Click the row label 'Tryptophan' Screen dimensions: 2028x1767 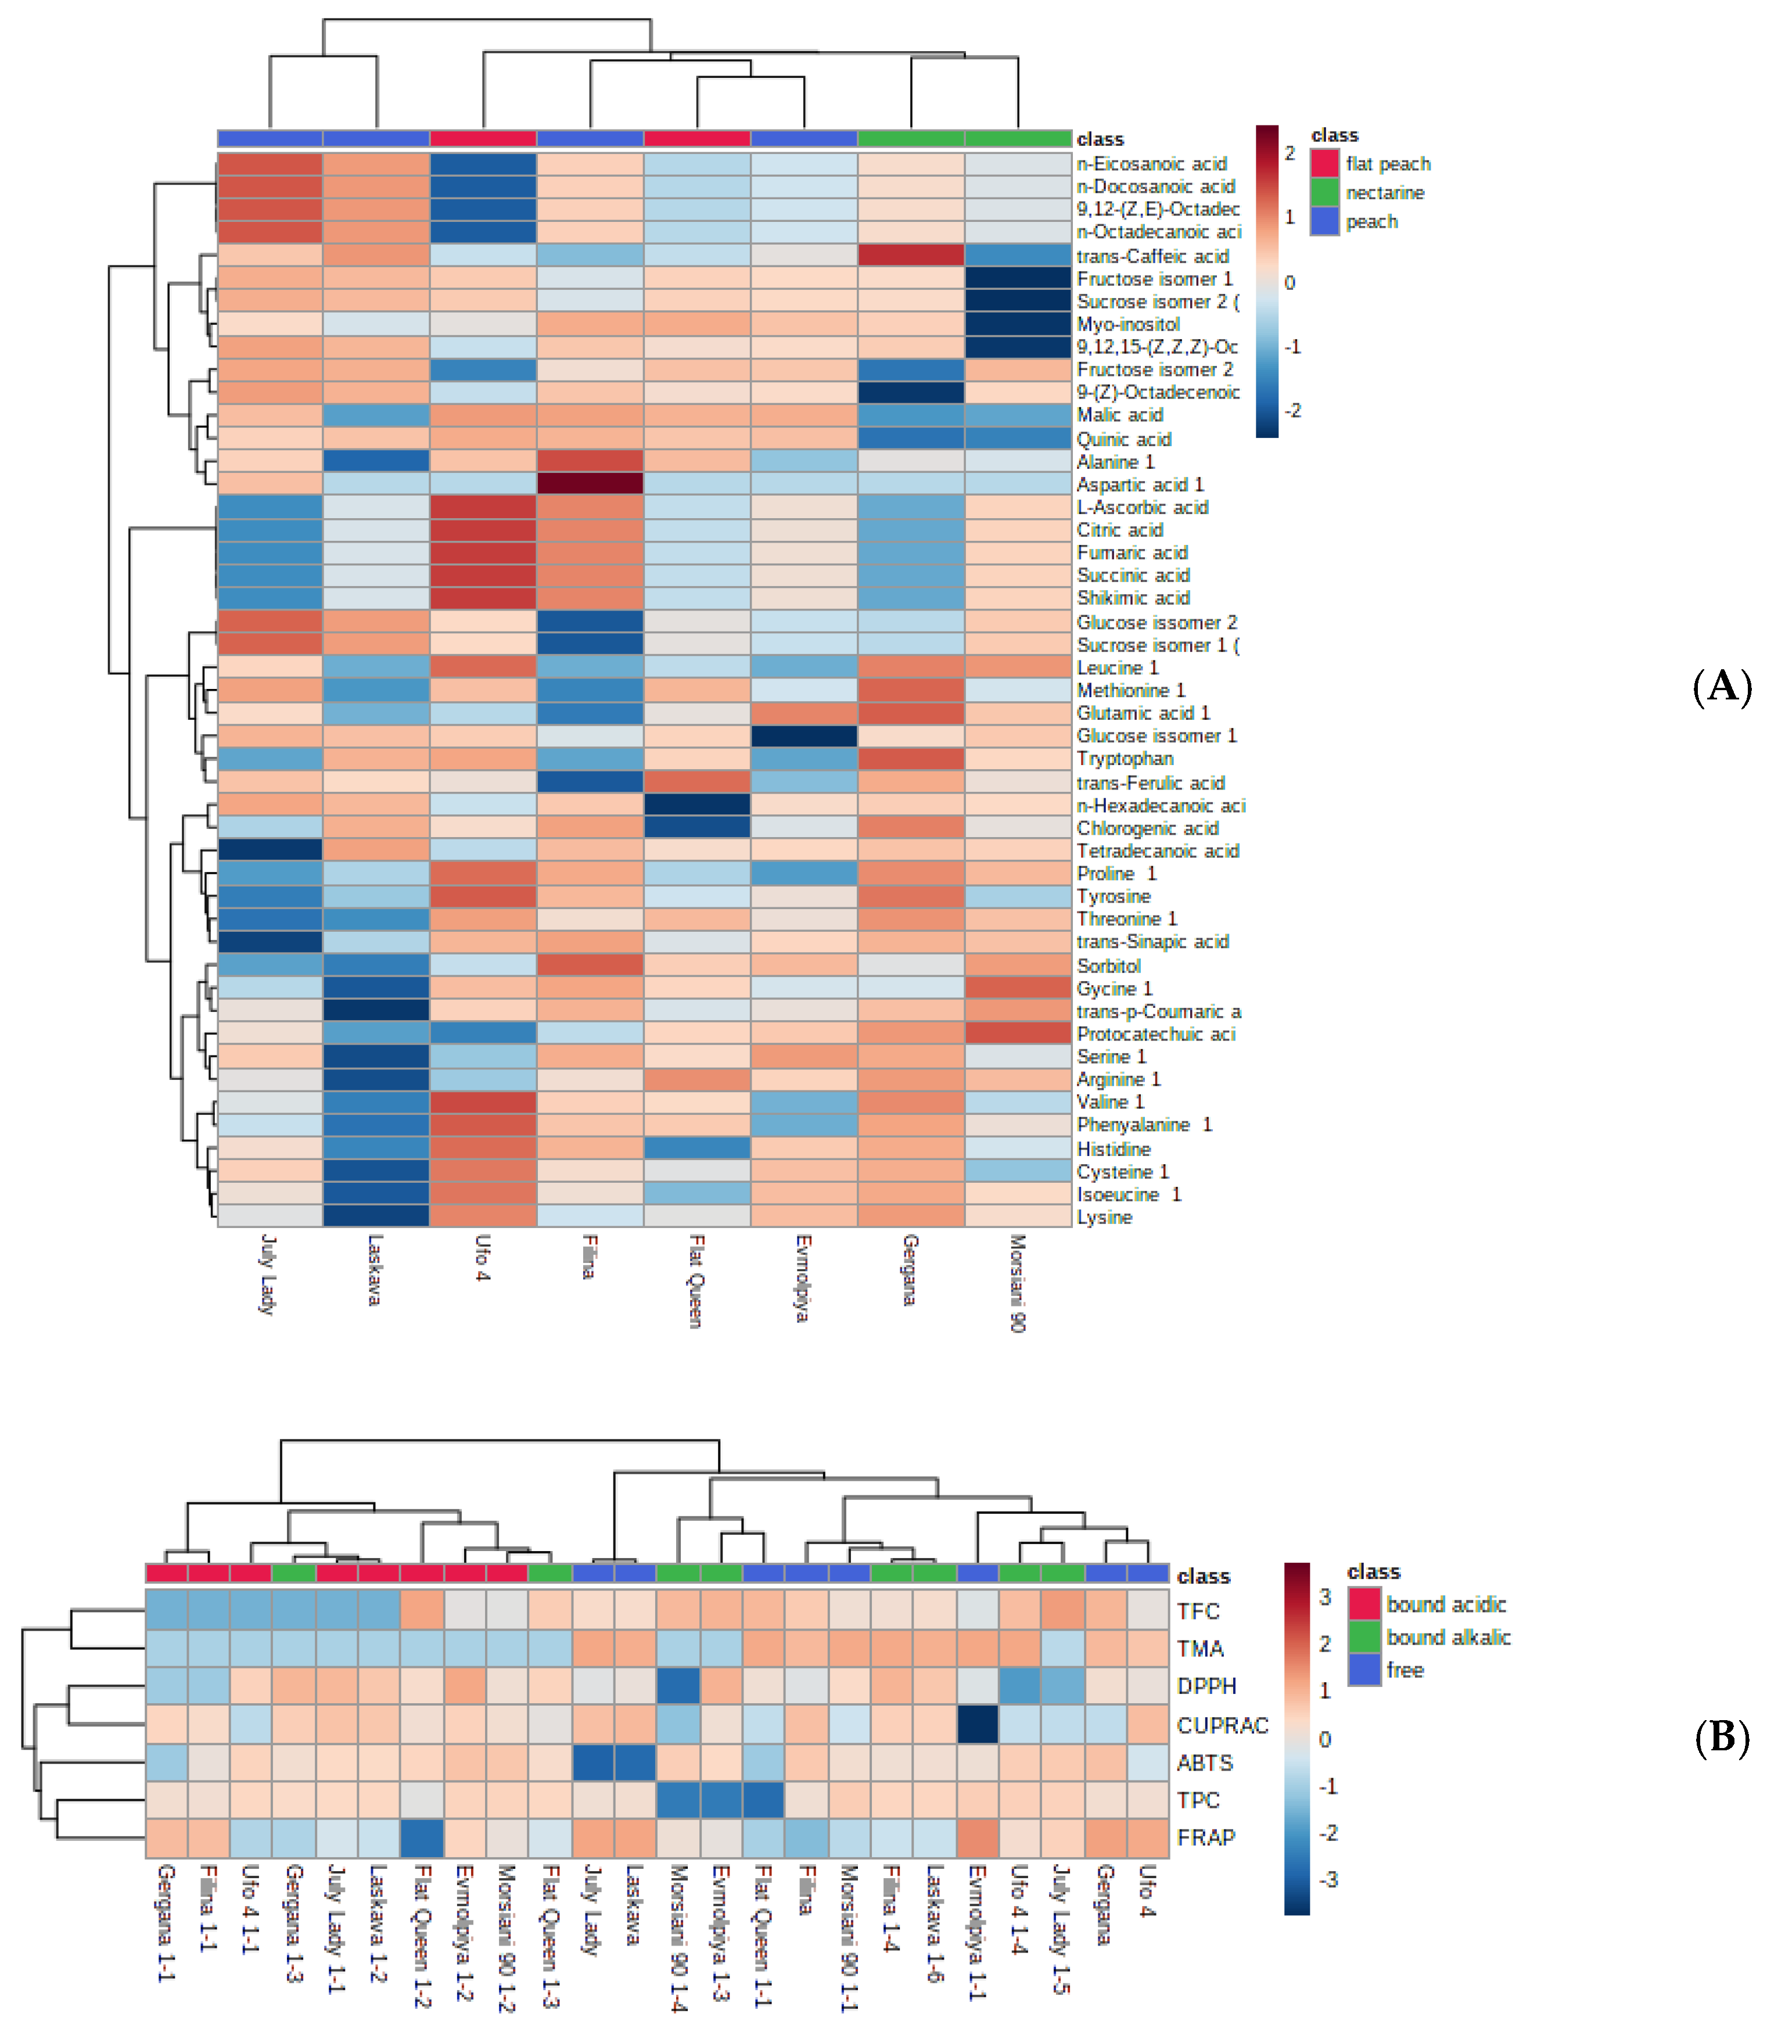1124,758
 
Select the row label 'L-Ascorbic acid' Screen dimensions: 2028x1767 1142,507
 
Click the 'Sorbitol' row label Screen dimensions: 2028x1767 1108,966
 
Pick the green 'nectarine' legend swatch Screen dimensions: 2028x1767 1324,192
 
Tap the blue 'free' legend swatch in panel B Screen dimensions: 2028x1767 1364,1670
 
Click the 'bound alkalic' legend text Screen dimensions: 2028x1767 1448,1638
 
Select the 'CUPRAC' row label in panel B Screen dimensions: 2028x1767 1222,1725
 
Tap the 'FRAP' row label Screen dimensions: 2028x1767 1205,1837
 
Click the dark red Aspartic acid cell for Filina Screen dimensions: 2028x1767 590,484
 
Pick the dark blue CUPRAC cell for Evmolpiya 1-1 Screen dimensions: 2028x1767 977,1724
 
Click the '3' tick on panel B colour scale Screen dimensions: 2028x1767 1324,1597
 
